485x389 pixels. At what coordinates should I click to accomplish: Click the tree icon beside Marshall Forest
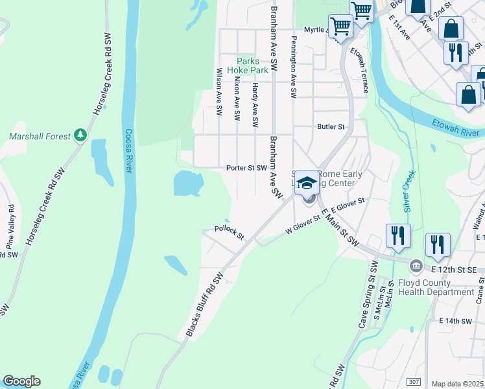click(80, 136)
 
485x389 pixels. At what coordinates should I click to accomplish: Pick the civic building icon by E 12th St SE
click(416, 266)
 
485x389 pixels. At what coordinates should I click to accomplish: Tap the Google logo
click(21, 381)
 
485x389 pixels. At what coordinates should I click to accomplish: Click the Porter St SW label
click(246, 168)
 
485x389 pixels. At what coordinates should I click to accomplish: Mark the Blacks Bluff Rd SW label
click(205, 304)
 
